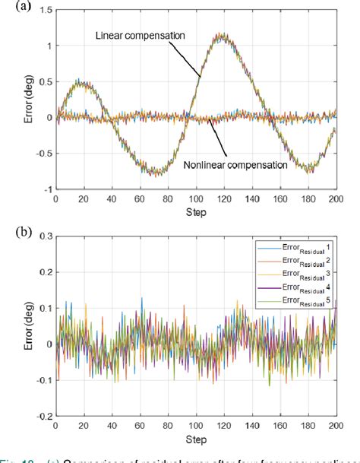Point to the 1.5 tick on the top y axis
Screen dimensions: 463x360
(44, 10)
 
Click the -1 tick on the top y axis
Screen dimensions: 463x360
(47, 189)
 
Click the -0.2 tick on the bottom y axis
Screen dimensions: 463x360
(43, 417)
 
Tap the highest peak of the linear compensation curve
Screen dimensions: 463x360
(221, 33)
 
